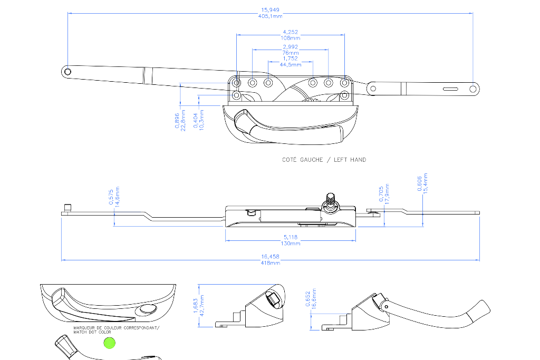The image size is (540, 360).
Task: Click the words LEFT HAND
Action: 350,160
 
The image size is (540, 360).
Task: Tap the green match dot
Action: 110,343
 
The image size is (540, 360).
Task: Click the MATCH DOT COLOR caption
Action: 92,332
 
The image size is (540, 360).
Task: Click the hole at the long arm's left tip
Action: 68,72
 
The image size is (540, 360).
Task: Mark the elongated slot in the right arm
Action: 450,89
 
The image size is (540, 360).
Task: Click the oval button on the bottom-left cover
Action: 148,309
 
